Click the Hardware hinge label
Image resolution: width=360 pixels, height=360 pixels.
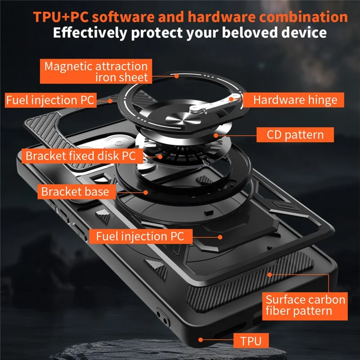coord(295,99)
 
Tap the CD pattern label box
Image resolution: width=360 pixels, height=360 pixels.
coord(295,134)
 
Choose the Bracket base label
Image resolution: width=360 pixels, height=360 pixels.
coord(75,191)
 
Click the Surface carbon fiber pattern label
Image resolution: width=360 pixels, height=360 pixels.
coord(305,305)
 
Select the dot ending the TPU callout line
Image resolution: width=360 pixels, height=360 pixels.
coord(200,340)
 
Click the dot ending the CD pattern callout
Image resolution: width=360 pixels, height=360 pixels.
coord(216,134)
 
